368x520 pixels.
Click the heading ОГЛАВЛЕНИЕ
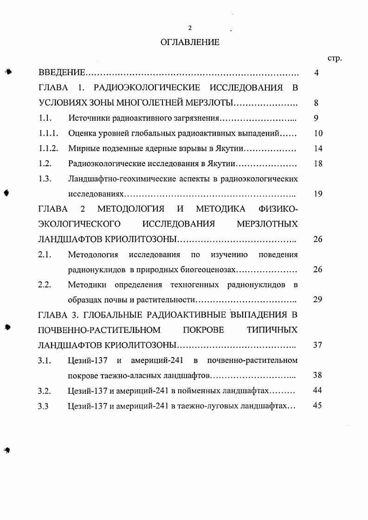[189, 42]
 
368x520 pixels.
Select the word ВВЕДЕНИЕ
[62, 73]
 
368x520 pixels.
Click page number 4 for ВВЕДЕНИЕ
[316, 73]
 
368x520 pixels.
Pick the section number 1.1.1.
[48, 134]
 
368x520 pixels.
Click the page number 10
[318, 134]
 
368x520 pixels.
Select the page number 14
[318, 149]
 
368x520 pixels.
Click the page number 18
[318, 164]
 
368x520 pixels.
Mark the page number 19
[318, 194]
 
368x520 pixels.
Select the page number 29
[318, 299]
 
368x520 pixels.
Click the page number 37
[318, 345]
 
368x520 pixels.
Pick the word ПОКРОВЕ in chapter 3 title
[203, 330]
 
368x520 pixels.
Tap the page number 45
[318, 405]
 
